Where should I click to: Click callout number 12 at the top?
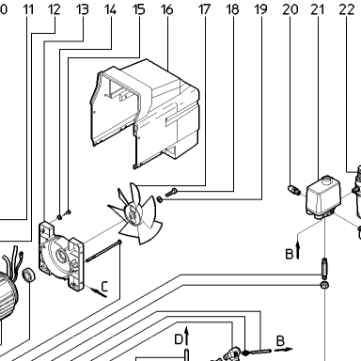(x=55, y=9)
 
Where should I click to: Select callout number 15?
(x=139, y=9)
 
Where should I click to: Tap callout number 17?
(x=204, y=9)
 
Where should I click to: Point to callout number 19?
(x=260, y=9)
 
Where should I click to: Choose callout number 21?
(x=318, y=9)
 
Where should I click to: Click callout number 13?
(x=83, y=9)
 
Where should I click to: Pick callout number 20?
(x=290, y=9)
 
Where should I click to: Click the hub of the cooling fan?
(x=133, y=214)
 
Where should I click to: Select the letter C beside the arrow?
(x=104, y=287)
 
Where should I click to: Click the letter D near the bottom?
(x=179, y=339)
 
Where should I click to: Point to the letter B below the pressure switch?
(x=290, y=254)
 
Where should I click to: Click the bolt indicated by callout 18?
(x=171, y=192)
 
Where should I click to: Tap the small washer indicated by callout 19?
(x=159, y=199)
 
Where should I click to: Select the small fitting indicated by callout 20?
(x=294, y=190)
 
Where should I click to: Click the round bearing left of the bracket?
(x=28, y=275)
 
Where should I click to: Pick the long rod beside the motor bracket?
(x=103, y=251)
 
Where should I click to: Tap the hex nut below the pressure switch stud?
(x=324, y=285)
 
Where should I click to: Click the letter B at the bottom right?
(x=280, y=340)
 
